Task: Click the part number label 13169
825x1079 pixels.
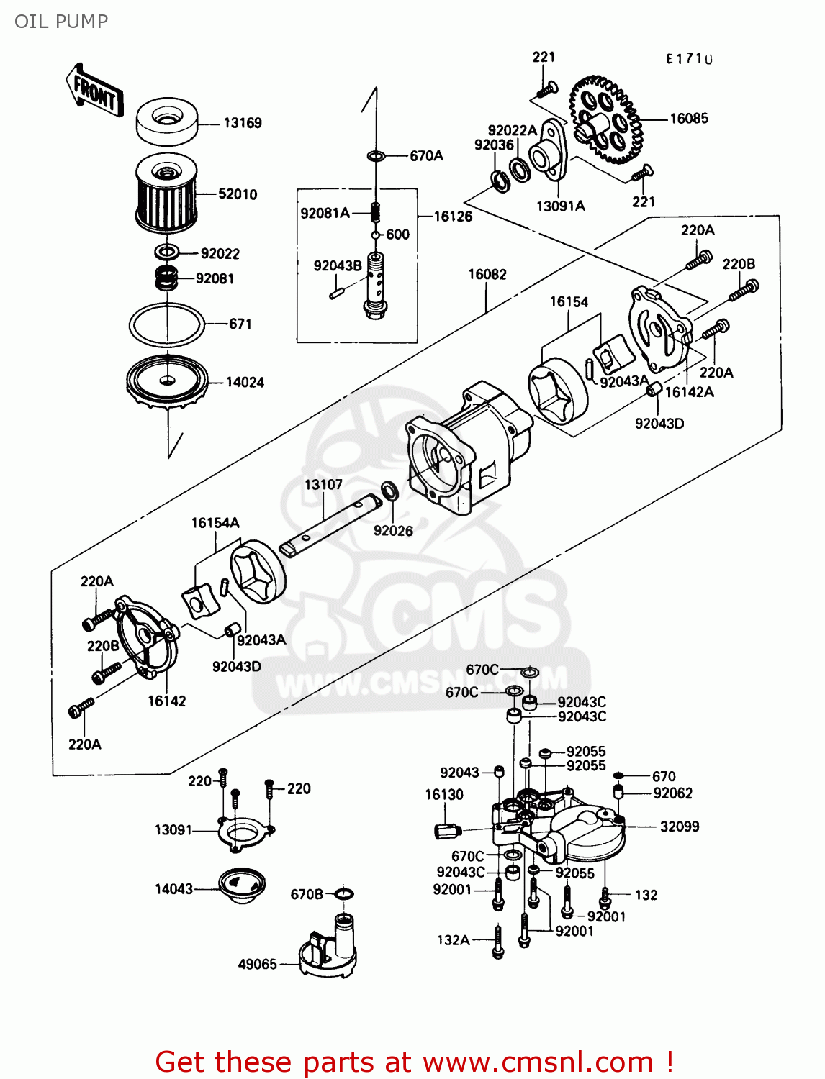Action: tap(242, 123)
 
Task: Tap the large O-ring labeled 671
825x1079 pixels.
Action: tap(166, 324)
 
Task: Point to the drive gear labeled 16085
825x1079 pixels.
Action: tap(605, 119)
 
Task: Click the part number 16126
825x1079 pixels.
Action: tap(453, 216)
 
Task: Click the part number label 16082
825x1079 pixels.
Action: tap(487, 274)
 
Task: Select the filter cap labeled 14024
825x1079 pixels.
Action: tap(167, 381)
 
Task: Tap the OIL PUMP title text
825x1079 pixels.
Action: tap(61, 22)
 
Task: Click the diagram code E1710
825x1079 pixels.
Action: tap(689, 59)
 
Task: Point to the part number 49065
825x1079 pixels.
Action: tap(257, 964)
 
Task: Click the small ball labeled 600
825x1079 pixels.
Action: tap(375, 235)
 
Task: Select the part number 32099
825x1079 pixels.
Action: tap(679, 827)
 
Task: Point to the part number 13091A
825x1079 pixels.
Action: tap(560, 206)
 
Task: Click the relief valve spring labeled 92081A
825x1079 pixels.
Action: tap(374, 212)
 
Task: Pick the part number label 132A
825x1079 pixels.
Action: tap(453, 940)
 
